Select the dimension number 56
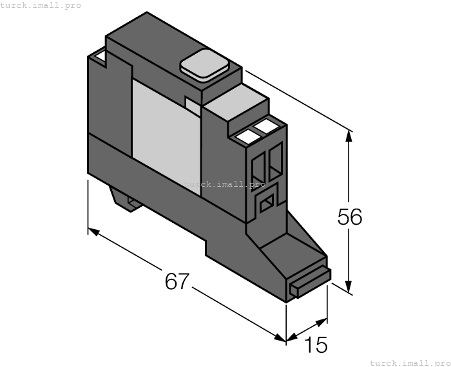point(350,218)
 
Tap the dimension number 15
point(316,346)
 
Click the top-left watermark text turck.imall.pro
point(41,5)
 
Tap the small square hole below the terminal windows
point(265,204)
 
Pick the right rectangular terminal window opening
point(276,160)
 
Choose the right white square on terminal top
point(266,126)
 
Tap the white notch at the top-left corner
point(99,59)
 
